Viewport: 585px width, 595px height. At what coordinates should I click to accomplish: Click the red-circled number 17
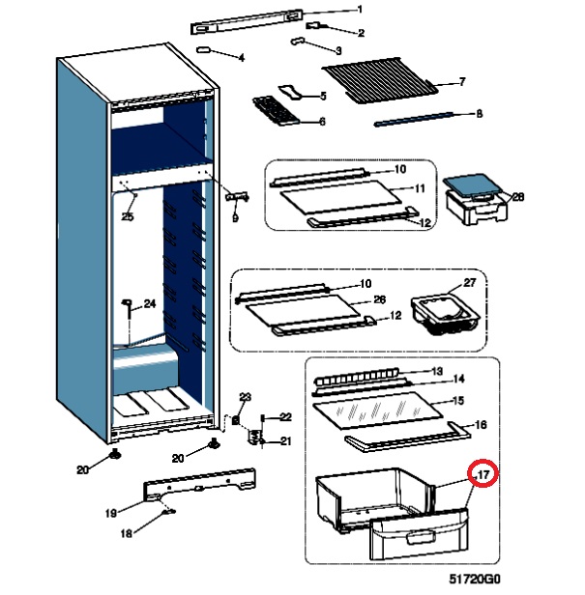[x=483, y=474]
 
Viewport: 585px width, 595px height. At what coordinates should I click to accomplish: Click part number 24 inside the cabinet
[x=150, y=304]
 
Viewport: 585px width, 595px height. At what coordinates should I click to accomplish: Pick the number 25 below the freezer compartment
[x=128, y=218]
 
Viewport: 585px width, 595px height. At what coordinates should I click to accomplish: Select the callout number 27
[x=470, y=283]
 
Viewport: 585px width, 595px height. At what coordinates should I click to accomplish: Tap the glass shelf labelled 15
[x=383, y=409]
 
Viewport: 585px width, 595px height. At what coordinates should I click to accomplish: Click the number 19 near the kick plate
[x=111, y=512]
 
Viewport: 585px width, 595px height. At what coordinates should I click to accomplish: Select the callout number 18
[x=127, y=533]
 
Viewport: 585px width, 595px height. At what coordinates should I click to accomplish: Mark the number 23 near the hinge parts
[x=245, y=398]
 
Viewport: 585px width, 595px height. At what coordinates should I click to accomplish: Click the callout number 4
[x=241, y=58]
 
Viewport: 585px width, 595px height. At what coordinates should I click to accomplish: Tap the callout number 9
[x=234, y=218]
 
